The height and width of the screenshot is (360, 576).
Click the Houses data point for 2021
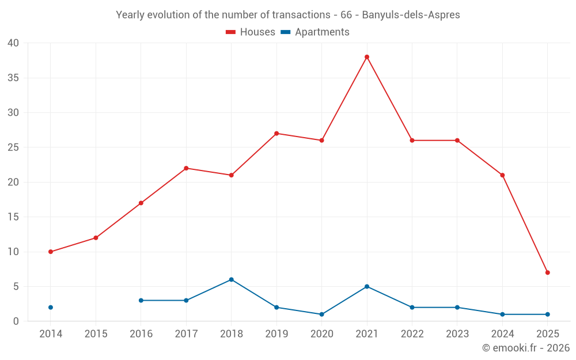point(367,57)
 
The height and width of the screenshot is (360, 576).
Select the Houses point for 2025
point(548,272)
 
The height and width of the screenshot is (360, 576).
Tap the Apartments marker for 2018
point(232,279)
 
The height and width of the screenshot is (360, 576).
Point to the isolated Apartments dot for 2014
point(51,308)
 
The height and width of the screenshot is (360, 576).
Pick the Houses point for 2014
point(51,252)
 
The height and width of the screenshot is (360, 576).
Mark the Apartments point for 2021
point(367,286)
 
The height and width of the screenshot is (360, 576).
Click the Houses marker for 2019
point(276,134)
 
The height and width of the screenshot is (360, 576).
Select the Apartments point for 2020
point(321,314)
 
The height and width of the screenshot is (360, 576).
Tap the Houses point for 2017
point(186,168)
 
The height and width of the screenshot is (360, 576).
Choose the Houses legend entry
point(251,32)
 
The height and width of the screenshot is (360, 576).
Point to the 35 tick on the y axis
point(13,78)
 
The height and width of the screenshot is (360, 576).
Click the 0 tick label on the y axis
point(16,321)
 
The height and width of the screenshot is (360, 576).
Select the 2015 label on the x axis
point(96,334)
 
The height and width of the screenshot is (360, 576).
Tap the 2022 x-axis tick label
point(412,334)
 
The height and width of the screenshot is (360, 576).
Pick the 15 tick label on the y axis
point(13,217)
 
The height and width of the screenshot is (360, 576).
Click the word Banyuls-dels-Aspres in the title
point(411,15)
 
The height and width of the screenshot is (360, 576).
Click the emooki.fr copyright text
point(526,348)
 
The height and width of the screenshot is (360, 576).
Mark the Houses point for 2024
point(502,175)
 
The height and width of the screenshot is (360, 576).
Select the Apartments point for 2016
point(141,300)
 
